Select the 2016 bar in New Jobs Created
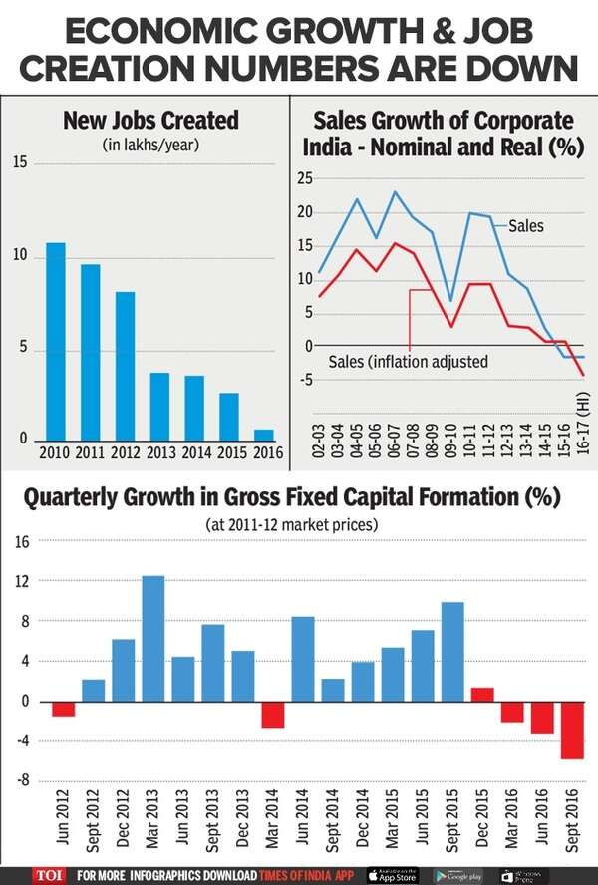(x=263, y=435)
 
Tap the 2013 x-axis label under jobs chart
(x=159, y=453)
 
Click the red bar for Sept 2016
(x=573, y=731)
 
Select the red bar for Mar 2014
(x=273, y=715)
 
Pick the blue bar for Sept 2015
(x=452, y=652)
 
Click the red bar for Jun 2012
(x=64, y=709)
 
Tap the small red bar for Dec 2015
(x=482, y=695)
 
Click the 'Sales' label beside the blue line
(x=525, y=226)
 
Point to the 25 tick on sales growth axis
(x=306, y=179)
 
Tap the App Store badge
(x=392, y=874)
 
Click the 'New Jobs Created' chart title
(x=150, y=121)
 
